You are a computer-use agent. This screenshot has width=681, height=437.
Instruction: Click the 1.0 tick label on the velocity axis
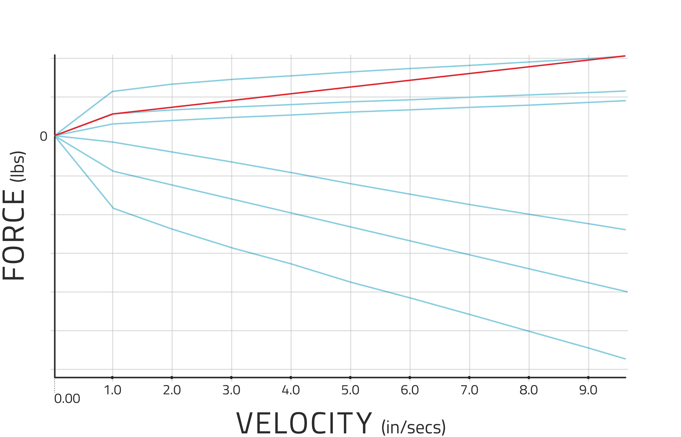tap(112, 391)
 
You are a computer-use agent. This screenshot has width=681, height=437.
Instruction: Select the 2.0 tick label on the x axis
tap(172, 391)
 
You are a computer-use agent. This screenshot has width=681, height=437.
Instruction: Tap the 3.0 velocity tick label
tap(231, 391)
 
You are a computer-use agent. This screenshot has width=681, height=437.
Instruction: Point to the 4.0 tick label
tap(291, 391)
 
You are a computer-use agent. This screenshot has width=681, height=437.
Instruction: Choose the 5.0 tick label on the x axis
tap(350, 391)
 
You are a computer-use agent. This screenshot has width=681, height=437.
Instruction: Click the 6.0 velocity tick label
tap(410, 391)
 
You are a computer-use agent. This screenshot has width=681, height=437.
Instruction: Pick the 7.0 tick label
tap(469, 391)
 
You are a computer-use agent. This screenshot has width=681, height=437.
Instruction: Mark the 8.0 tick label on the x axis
tap(529, 391)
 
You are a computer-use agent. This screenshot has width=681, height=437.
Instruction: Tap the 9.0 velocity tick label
tap(588, 391)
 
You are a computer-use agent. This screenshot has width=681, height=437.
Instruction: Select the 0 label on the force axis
tap(43, 136)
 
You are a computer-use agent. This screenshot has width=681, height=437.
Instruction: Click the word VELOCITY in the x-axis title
tap(304, 423)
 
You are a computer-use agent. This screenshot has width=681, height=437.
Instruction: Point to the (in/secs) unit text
tap(414, 427)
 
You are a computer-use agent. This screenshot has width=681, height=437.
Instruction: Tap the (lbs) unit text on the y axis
tap(18, 167)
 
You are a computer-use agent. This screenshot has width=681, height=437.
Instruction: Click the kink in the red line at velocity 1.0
tap(113, 114)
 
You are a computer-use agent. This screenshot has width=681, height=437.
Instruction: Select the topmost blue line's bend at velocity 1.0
tap(112, 92)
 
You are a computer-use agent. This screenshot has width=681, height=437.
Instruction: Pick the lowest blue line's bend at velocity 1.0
tap(113, 208)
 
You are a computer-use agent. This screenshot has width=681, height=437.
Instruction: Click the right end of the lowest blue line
tap(625, 359)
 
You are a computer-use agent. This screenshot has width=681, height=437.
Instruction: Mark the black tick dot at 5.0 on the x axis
tap(350, 378)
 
